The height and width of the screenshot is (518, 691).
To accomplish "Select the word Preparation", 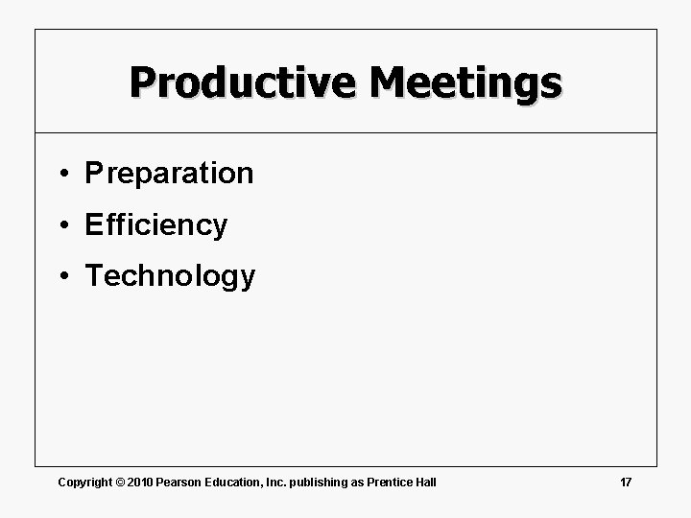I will pos(169,174).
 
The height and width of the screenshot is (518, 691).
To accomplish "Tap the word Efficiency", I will pos(156,225).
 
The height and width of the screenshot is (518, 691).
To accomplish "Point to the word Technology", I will pos(170,277).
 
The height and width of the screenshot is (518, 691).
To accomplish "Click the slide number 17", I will pos(626,482).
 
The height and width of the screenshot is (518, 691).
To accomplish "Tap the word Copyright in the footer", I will pos(84,482).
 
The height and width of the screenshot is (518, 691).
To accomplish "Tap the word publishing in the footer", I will pos(322,482).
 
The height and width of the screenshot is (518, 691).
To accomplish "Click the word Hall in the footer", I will pos(425,482).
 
